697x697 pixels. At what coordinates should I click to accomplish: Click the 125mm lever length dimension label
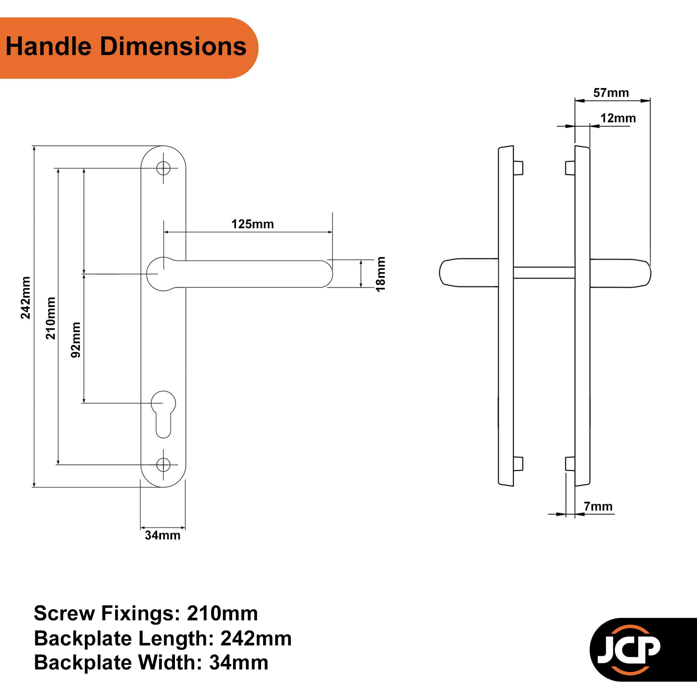(x=252, y=224)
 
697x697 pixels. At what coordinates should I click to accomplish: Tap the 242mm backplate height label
(x=25, y=298)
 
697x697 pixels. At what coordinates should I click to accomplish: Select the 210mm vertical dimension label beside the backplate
(x=51, y=318)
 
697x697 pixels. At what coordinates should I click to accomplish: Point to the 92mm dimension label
(x=75, y=340)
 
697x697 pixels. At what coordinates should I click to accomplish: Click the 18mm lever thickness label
(x=381, y=274)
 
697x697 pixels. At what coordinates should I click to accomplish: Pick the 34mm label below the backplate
(x=163, y=535)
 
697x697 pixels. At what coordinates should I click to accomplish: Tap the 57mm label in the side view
(x=611, y=93)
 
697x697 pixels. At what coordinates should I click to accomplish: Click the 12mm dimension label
(x=618, y=118)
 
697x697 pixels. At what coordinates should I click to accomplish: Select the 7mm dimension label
(x=598, y=506)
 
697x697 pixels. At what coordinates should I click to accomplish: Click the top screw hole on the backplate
(x=163, y=168)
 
